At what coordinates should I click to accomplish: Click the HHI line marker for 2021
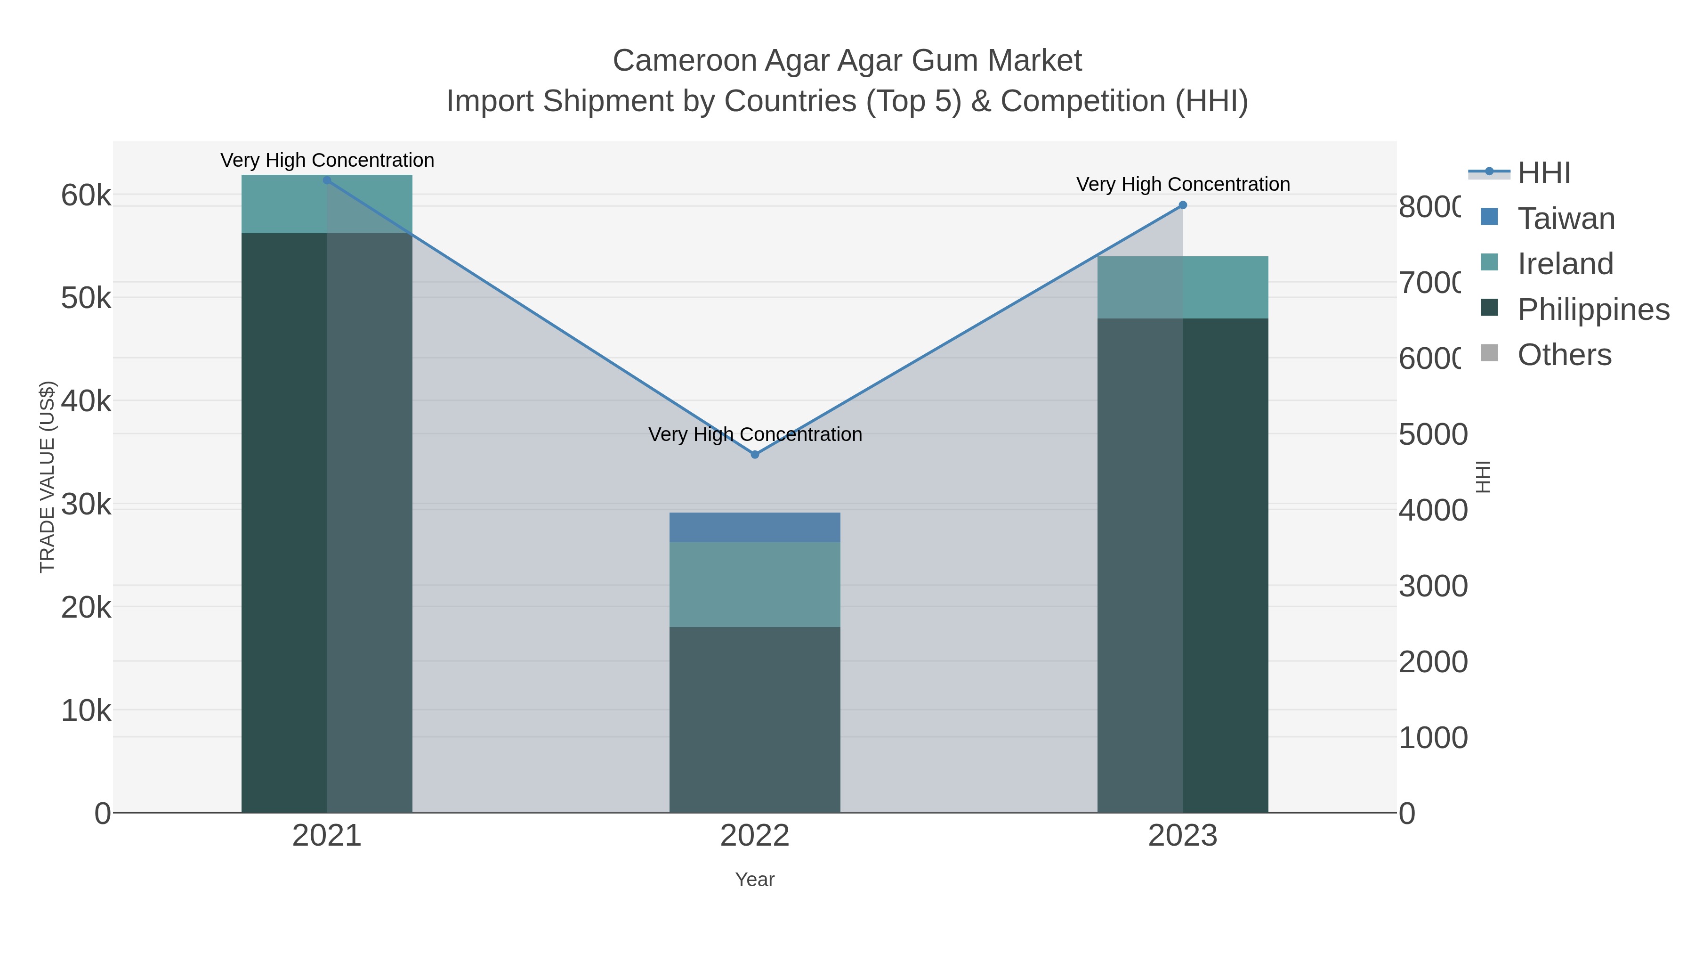pyautogui.click(x=327, y=180)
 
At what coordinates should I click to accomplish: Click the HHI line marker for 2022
pyautogui.click(x=755, y=454)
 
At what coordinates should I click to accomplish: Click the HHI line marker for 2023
pyautogui.click(x=1182, y=205)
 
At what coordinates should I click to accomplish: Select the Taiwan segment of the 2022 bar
pyautogui.click(x=755, y=527)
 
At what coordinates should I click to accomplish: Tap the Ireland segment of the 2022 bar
pyautogui.click(x=755, y=584)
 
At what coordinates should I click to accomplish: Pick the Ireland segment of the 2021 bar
pyautogui.click(x=327, y=204)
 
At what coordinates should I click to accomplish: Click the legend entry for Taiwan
pyautogui.click(x=1566, y=219)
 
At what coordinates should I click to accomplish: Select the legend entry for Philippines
pyautogui.click(x=1592, y=310)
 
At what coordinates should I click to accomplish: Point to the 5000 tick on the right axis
pyautogui.click(x=1432, y=434)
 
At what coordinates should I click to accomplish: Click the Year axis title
pyautogui.click(x=755, y=880)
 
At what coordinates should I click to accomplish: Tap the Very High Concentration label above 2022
pyautogui.click(x=755, y=434)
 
